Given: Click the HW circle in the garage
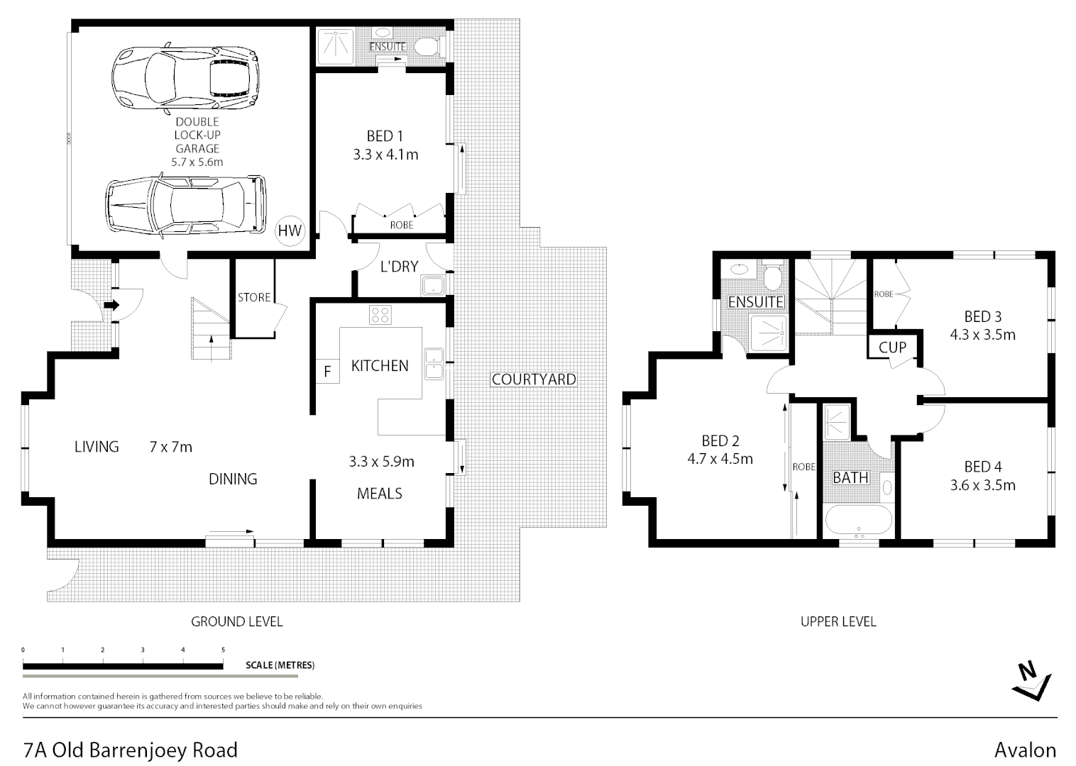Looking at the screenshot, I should point(290,230).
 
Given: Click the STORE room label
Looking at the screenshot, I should point(253,297).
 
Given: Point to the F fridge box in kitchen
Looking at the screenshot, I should point(327,372).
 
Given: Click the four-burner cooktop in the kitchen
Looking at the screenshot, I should point(380,314).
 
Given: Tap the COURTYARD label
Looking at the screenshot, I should point(534,379).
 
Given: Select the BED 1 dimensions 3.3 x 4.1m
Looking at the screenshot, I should point(385,155).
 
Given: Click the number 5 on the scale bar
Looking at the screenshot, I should point(223,650).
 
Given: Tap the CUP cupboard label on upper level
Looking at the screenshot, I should point(892,348).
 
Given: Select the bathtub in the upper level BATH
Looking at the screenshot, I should point(859,522).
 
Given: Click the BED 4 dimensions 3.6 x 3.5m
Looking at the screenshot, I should point(982,485).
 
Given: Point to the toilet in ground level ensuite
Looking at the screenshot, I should point(427,47).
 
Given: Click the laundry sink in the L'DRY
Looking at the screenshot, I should point(432,286).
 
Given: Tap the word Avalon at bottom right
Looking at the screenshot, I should point(1025,750).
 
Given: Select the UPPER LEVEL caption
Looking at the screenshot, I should point(838,622).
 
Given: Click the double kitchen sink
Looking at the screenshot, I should point(433,364).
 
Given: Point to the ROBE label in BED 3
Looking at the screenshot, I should point(883,294).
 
